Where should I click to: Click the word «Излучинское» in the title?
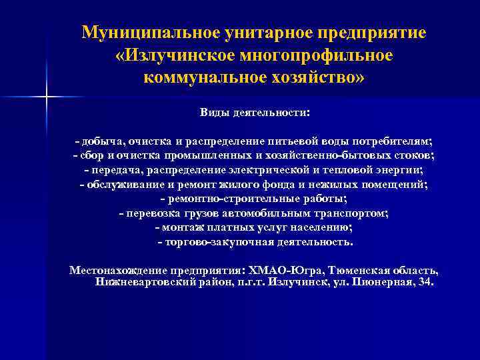pos(176,55)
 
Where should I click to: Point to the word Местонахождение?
pos(120,271)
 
